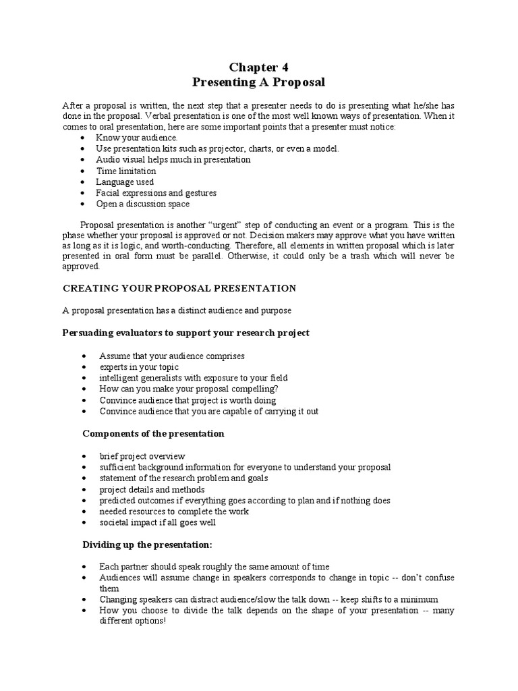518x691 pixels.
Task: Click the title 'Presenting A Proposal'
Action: (259, 83)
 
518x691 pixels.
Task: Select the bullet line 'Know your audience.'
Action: (128, 138)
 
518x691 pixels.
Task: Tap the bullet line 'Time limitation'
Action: (125, 171)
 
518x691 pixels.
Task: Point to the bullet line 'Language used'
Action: (125, 182)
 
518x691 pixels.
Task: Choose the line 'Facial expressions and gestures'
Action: (156, 193)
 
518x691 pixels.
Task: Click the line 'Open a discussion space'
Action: (142, 204)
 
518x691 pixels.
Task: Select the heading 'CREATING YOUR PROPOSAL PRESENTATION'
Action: (179, 288)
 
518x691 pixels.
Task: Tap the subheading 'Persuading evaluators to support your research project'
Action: (186, 333)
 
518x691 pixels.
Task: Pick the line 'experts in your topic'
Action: (139, 367)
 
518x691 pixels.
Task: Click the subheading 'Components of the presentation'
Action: (153, 433)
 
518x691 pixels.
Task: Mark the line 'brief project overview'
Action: (142, 456)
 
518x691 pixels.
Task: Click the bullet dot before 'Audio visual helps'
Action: (82, 160)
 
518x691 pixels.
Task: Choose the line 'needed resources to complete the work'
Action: (173, 512)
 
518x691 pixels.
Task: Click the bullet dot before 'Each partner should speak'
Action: (82, 567)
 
